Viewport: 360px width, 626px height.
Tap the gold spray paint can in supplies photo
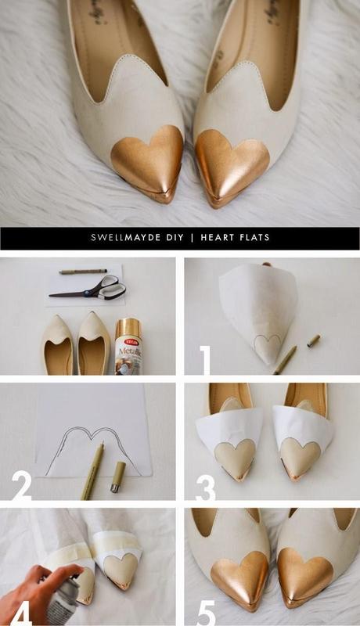point(128,346)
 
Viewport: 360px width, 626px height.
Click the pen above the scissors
point(83,272)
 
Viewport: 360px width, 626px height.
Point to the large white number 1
point(205,359)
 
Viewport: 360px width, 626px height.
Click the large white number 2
point(21,485)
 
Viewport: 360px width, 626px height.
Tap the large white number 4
point(21,610)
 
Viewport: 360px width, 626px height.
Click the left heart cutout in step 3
point(235,455)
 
